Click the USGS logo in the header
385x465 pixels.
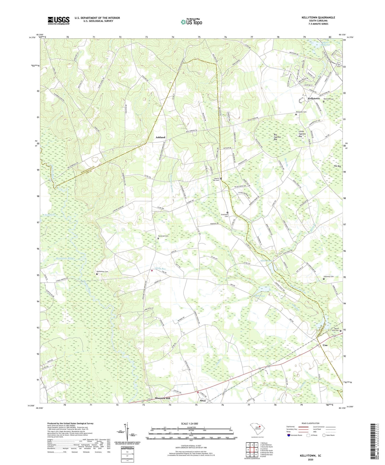[x=59, y=21]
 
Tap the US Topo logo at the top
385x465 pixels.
[x=191, y=22]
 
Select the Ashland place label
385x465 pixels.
[x=160, y=137]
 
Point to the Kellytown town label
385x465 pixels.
[x=314, y=98]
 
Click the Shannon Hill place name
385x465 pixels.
[x=162, y=398]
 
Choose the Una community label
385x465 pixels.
[x=325, y=345]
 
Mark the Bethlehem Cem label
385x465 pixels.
[x=102, y=272]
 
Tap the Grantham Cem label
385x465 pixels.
[x=225, y=215]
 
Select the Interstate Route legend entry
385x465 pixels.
[x=296, y=435]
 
